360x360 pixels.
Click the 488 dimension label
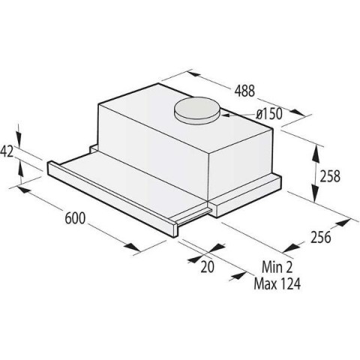click(244, 91)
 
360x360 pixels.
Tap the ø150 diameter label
click(269, 114)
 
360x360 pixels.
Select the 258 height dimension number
click(330, 176)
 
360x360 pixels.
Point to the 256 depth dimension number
click(321, 237)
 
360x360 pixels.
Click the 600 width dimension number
click(75, 218)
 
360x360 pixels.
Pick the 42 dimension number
click(7, 151)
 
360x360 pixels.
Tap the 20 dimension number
click(208, 267)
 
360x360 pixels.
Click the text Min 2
click(277, 267)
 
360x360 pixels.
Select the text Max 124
click(277, 283)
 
